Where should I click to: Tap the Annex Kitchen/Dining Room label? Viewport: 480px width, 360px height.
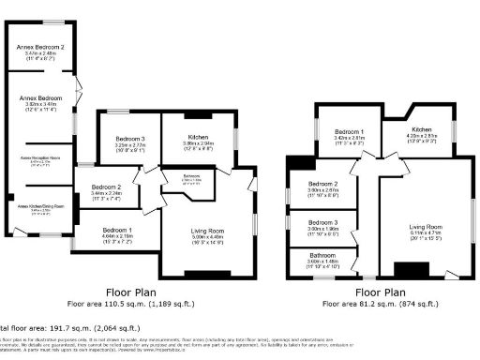pyautogui.click(x=40, y=205)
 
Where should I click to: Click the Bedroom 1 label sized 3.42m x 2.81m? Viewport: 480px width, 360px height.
pyautogui.click(x=350, y=130)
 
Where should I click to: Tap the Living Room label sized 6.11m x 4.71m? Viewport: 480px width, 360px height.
pyautogui.click(x=425, y=227)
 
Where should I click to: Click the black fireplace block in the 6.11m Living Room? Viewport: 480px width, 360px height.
pyautogui.click(x=410, y=270)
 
